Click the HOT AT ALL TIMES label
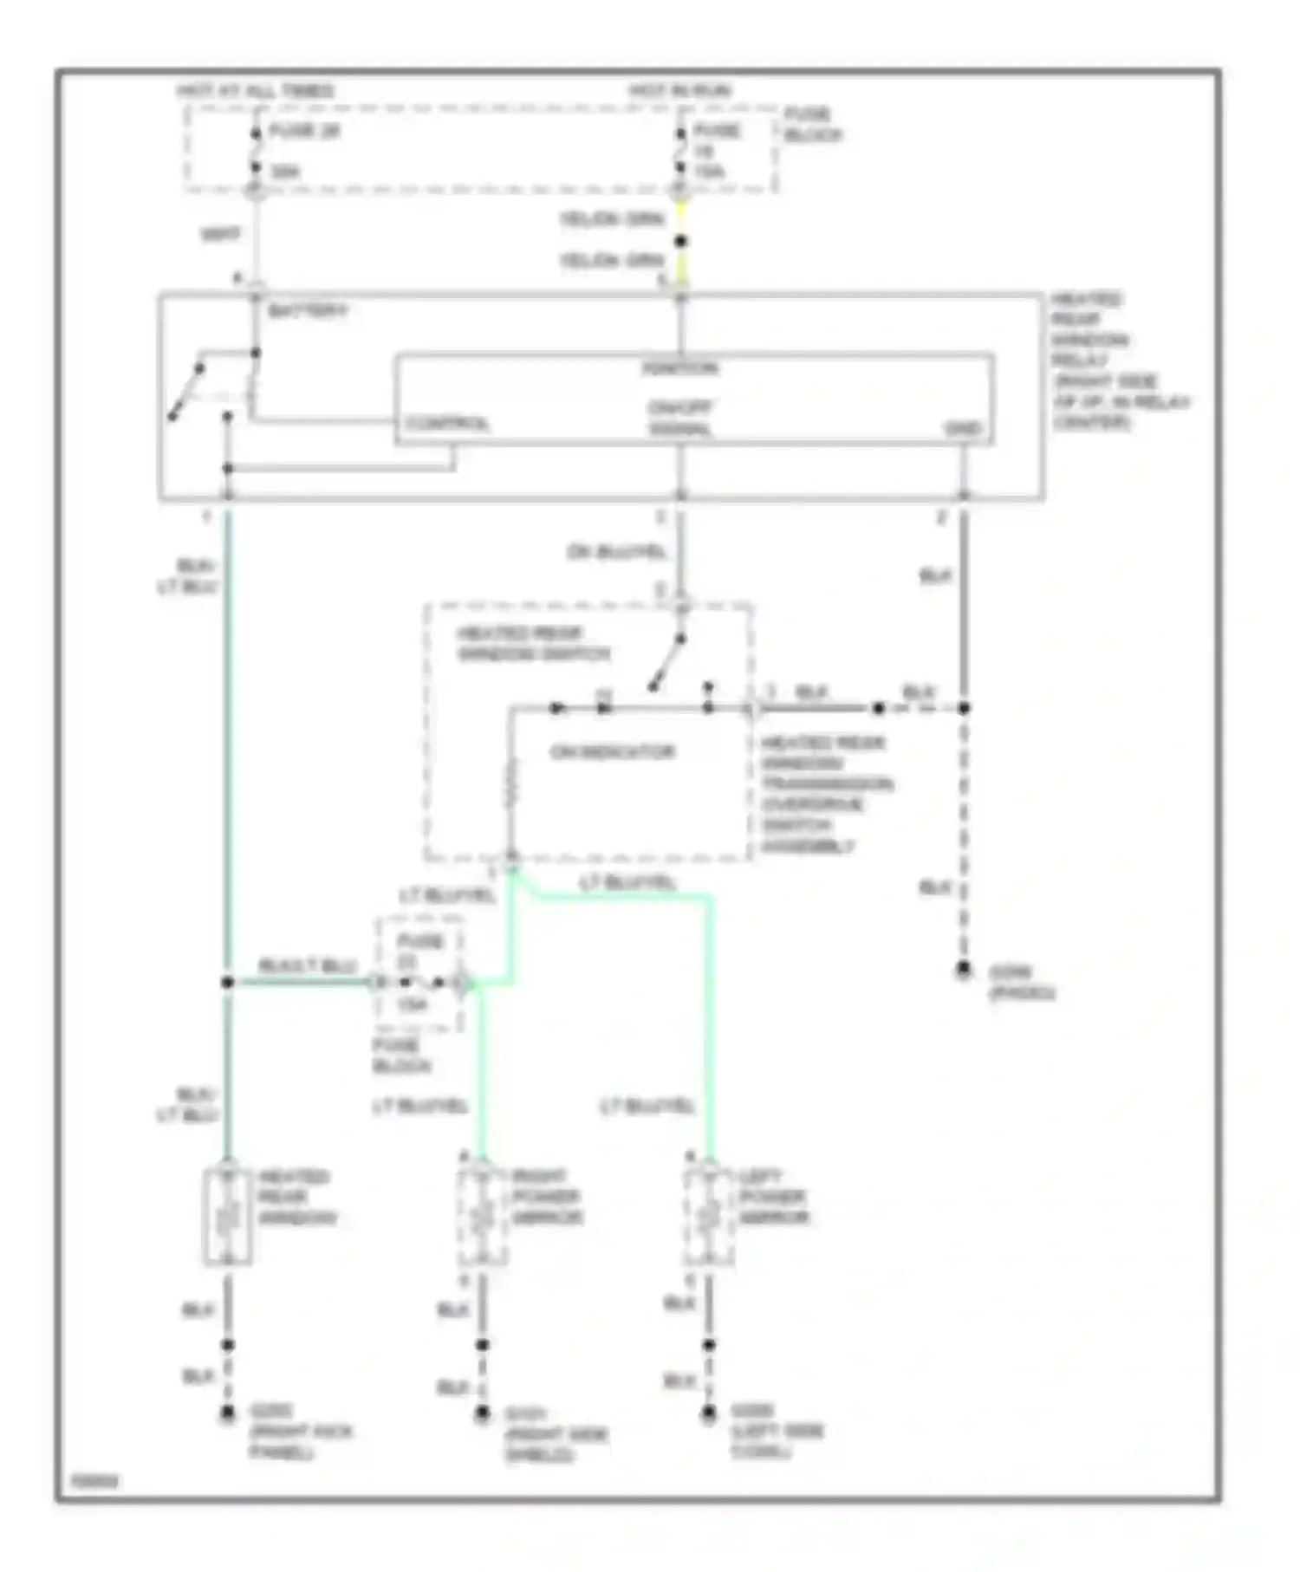[x=256, y=91]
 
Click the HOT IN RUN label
[x=679, y=91]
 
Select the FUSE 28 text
[x=304, y=132]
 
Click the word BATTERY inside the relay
[x=308, y=311]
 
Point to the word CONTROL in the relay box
[x=447, y=425]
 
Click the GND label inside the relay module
[x=962, y=429]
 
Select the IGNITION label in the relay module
[x=679, y=369]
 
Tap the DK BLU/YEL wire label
[x=616, y=552]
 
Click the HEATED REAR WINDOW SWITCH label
[x=532, y=644]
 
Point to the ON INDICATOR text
[x=612, y=752]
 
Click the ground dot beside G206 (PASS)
[x=963, y=970]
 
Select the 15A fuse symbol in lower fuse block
[x=421, y=983]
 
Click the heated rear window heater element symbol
[x=228, y=1218]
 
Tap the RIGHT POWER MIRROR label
[x=546, y=1197]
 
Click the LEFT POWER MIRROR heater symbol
[x=709, y=1218]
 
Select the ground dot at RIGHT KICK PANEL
[x=227, y=1413]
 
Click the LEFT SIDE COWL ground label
[x=776, y=1431]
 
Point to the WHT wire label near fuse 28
[x=220, y=235]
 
